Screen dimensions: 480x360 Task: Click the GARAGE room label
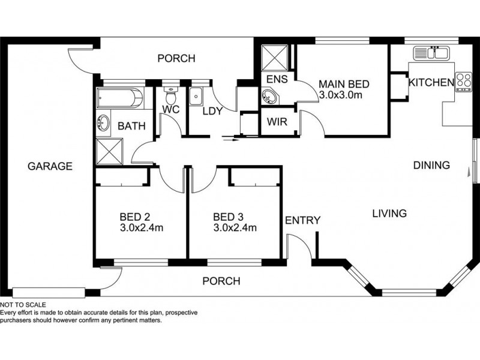tap(50, 166)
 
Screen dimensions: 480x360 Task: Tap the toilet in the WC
tap(170, 95)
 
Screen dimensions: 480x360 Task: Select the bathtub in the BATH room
tap(119, 98)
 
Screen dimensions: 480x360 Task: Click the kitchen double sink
tap(431, 53)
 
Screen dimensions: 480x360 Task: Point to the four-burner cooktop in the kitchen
tap(464, 82)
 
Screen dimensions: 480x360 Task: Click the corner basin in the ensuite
tap(269, 97)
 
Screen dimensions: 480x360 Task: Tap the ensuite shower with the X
tap(275, 58)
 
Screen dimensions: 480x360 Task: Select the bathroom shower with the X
tap(110, 151)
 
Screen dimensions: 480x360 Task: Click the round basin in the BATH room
tap(103, 122)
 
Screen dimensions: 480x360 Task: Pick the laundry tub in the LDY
tap(196, 97)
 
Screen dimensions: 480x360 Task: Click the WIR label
tap(277, 122)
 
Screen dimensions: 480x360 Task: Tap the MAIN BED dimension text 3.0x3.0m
tap(340, 95)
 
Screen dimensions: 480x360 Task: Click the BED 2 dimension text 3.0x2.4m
tap(142, 228)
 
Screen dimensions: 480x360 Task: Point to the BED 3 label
tap(228, 217)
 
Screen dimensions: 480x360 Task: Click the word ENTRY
tap(302, 220)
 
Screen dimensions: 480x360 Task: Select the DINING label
tap(431, 166)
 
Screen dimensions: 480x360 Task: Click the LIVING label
tap(389, 214)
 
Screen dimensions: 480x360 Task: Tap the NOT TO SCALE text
tap(23, 305)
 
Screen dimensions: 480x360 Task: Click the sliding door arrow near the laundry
tap(231, 140)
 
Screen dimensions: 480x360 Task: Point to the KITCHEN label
tap(431, 83)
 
